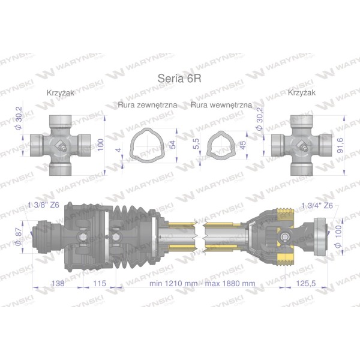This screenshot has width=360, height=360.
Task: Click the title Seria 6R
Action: coord(179,78)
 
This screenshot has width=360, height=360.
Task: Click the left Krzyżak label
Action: coord(61,93)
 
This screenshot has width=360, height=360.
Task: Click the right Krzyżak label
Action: coord(301,92)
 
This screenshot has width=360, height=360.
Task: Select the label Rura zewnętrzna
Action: coord(148,105)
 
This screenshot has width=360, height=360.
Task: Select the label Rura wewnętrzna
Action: coord(221,105)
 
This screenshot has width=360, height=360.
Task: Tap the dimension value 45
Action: coord(242,145)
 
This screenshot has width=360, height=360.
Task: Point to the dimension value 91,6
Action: coord(340,145)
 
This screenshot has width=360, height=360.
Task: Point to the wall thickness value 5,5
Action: coord(196,144)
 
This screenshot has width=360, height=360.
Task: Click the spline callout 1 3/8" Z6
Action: coord(43,205)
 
